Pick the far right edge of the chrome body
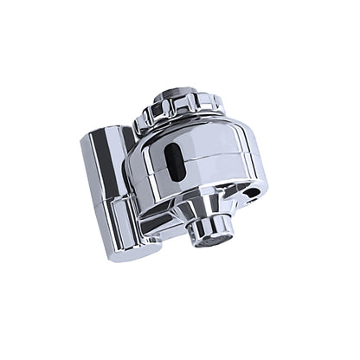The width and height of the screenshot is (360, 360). pyautogui.click(x=268, y=164)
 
